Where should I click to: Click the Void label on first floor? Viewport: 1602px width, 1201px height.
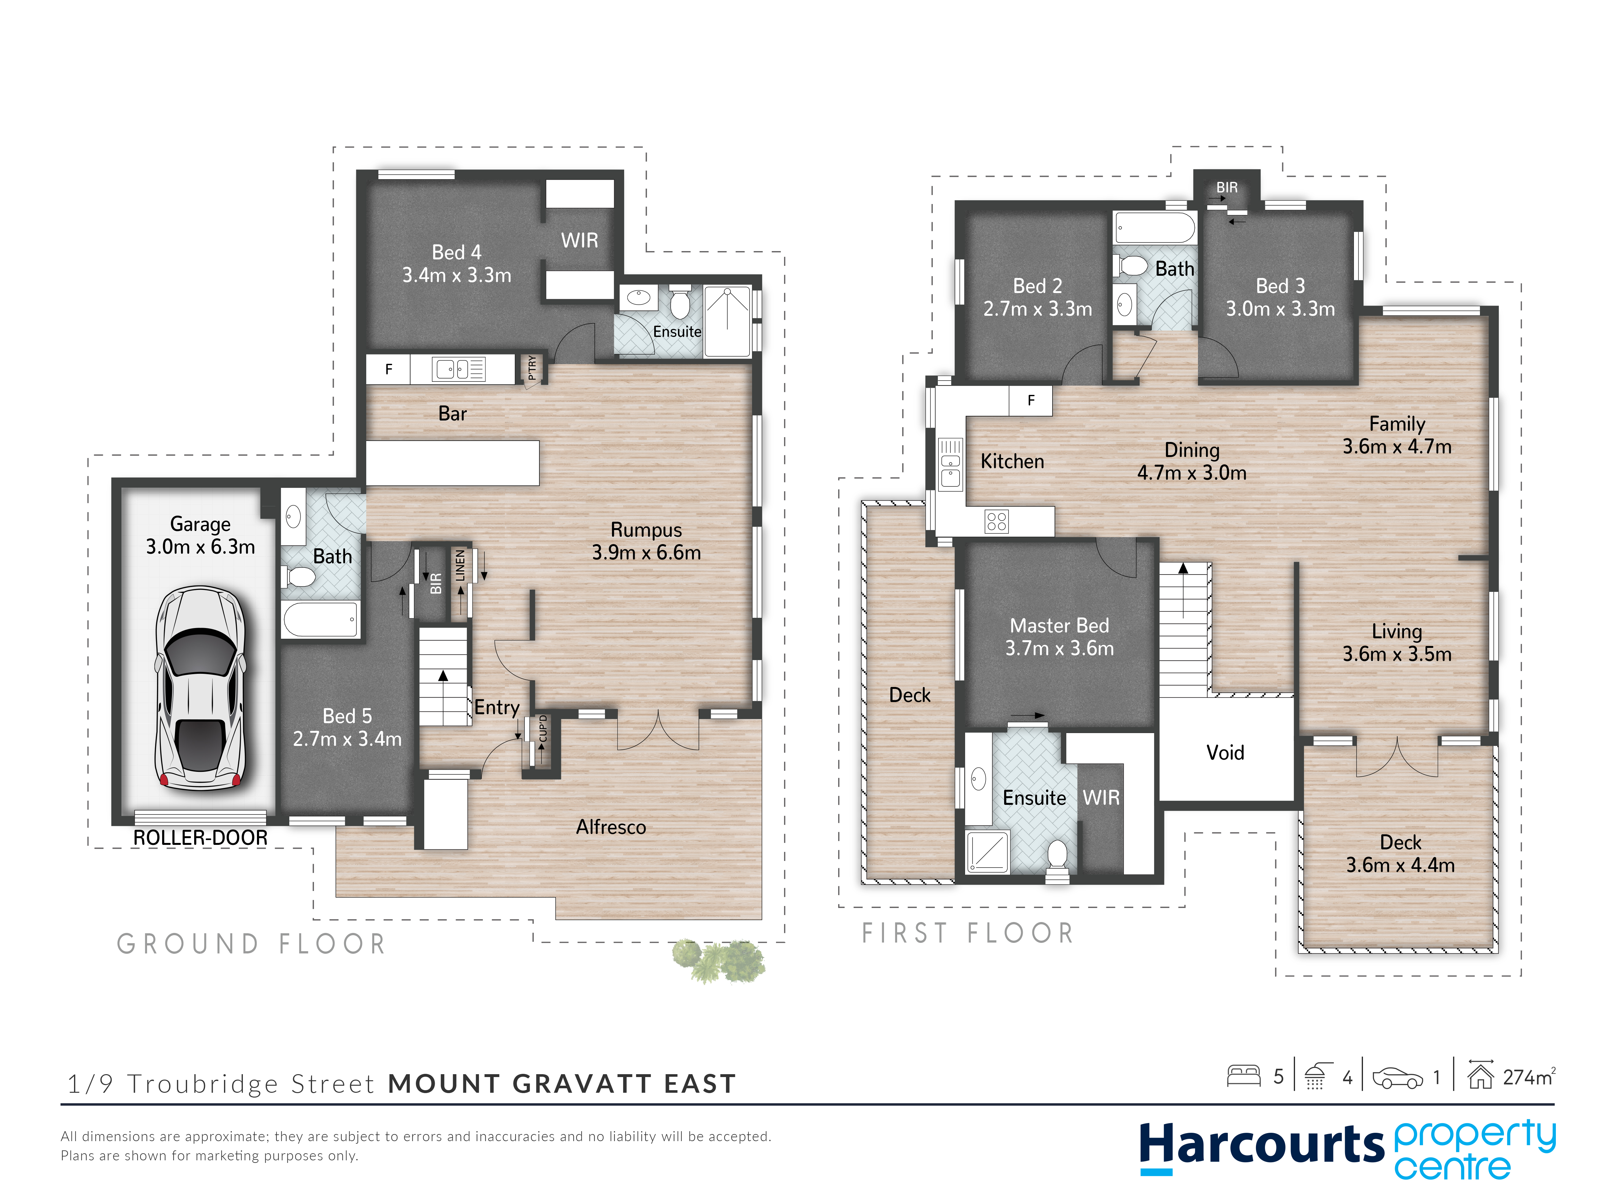point(1226,752)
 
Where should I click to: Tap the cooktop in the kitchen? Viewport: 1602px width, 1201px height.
point(996,521)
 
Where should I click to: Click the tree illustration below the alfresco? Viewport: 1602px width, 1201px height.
point(718,961)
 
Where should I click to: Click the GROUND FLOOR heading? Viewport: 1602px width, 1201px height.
point(251,944)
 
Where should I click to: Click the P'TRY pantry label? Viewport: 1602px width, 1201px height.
point(532,368)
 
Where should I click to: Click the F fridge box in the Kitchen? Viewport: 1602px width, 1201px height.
point(1031,400)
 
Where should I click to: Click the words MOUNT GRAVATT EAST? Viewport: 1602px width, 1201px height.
point(562,1084)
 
